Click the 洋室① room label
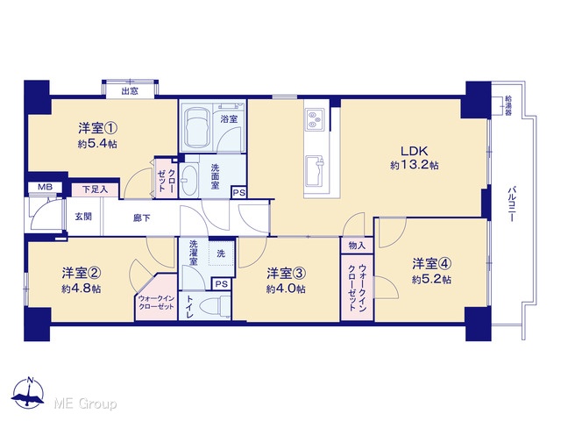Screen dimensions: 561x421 pos(98,128)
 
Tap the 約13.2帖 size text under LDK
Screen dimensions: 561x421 pos(415,165)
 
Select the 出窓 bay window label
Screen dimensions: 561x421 pos(130,91)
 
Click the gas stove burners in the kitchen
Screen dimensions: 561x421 pos(314,119)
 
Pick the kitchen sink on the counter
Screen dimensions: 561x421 pos(314,166)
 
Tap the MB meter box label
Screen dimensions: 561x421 pos(45,187)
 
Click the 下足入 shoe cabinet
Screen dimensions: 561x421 pos(96,189)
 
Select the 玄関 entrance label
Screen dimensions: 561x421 pos(83,217)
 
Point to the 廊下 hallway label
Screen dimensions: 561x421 pos(142,218)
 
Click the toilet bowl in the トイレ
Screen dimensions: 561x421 pos(215,307)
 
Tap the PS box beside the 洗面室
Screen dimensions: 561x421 pos(239,193)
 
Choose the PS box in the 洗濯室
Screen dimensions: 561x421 pos(222,284)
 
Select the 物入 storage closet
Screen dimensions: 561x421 pos(357,246)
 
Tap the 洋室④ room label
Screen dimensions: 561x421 pos(431,264)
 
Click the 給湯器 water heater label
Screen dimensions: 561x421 pos(508,105)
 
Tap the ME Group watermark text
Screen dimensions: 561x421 pos(85,404)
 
